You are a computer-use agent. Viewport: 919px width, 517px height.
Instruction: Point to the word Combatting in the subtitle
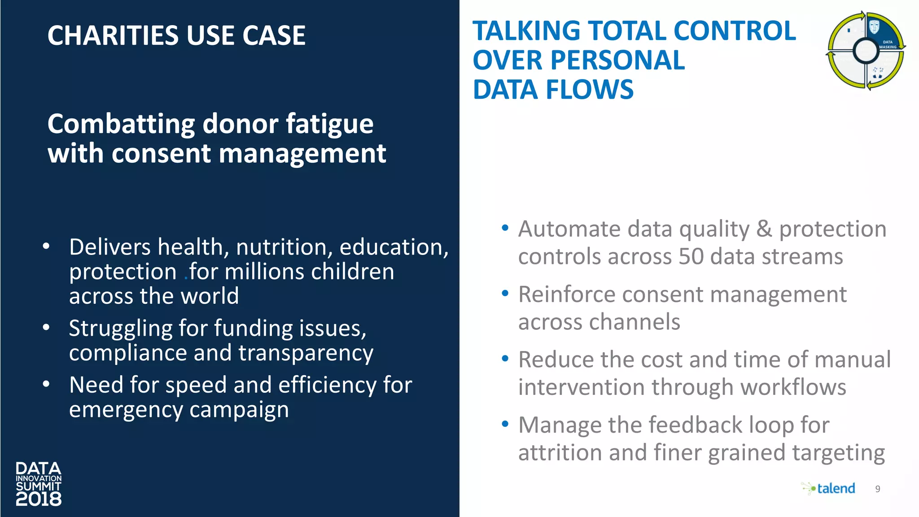121,124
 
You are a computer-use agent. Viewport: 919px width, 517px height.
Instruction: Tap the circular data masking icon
866,50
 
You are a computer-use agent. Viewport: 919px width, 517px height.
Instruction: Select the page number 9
878,489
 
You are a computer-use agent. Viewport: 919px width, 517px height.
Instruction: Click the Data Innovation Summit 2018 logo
39,484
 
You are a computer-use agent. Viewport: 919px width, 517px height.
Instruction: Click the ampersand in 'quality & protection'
764,229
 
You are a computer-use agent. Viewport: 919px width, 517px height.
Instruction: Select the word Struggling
121,329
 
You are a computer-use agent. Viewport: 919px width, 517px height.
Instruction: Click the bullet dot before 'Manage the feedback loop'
505,424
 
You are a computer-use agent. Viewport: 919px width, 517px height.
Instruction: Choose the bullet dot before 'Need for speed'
46,384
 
